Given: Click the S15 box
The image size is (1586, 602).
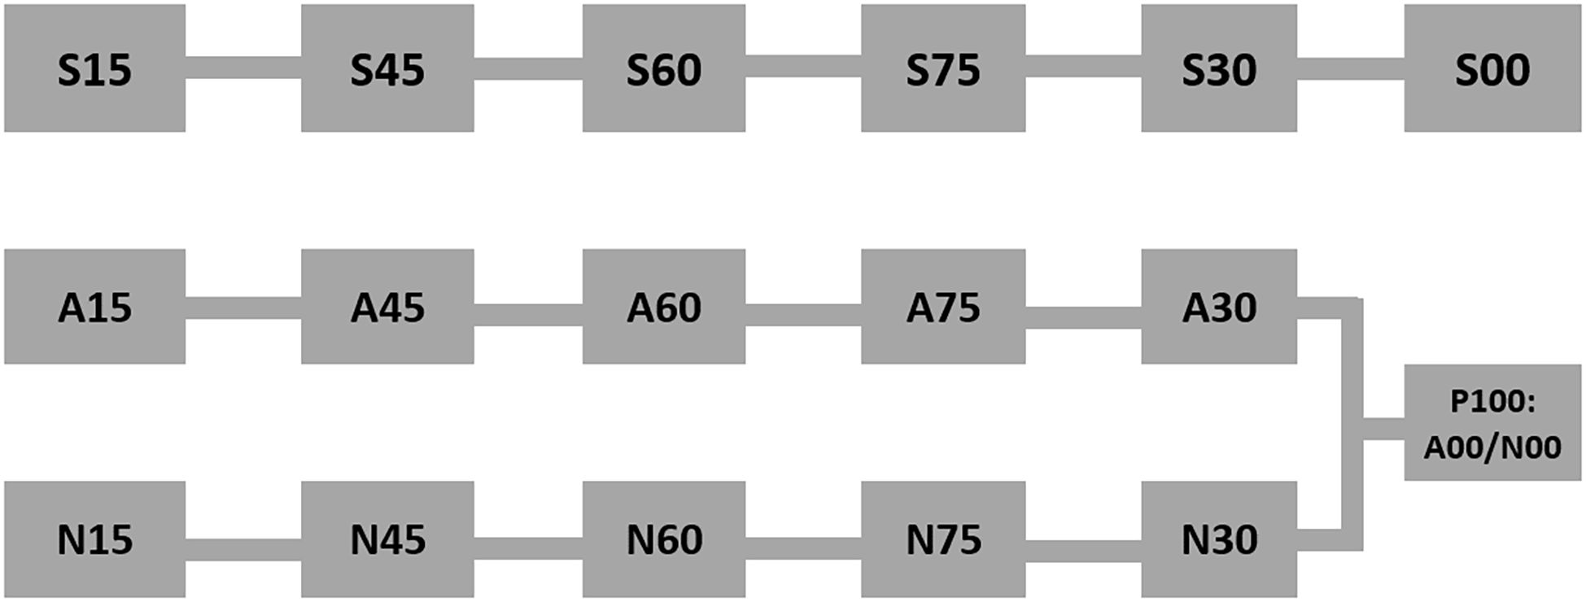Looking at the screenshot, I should pos(94,68).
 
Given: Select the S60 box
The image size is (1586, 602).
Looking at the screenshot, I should pos(663,68).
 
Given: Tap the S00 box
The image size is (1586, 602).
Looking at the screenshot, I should pos(1492,68).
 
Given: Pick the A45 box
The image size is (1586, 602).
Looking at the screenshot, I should pos(387,307).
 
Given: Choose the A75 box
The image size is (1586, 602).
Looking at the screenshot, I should pos(943,307).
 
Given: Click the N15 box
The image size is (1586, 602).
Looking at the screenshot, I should pos(94,539).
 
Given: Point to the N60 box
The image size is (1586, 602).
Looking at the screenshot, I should pos(663,539).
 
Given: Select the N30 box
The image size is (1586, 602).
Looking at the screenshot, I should pos(1218,539).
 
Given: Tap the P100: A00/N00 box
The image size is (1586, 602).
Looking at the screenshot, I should pos(1492,423).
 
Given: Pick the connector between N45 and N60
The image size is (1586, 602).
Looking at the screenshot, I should pos(528,548).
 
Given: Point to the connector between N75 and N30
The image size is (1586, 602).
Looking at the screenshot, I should pos(1083,551).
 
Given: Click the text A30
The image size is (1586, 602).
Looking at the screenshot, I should pos(1218,308).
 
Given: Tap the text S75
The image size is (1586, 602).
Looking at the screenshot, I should pos(943,70).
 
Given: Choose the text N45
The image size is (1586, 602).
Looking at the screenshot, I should pos(387,540).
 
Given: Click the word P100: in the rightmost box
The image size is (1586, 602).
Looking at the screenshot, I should pos(1492,402).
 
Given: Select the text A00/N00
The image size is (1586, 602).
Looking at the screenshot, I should pos(1492,447).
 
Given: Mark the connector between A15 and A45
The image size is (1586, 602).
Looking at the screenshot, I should pos(243,308).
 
